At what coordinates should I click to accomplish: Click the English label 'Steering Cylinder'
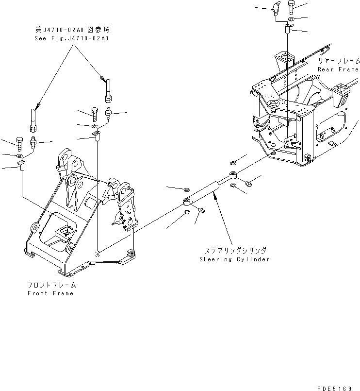[x=234, y=259]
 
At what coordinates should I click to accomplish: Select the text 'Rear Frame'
[x=338, y=69]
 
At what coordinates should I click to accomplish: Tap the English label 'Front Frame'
[x=50, y=293]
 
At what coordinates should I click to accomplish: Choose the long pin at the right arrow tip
[x=107, y=88]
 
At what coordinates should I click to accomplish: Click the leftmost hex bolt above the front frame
[x=19, y=143]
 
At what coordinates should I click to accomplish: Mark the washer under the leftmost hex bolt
[x=19, y=157]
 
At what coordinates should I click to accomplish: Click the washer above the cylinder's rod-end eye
[x=233, y=162]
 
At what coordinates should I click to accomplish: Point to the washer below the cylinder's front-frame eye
[x=188, y=212]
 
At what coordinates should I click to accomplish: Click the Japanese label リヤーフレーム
[x=339, y=61]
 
